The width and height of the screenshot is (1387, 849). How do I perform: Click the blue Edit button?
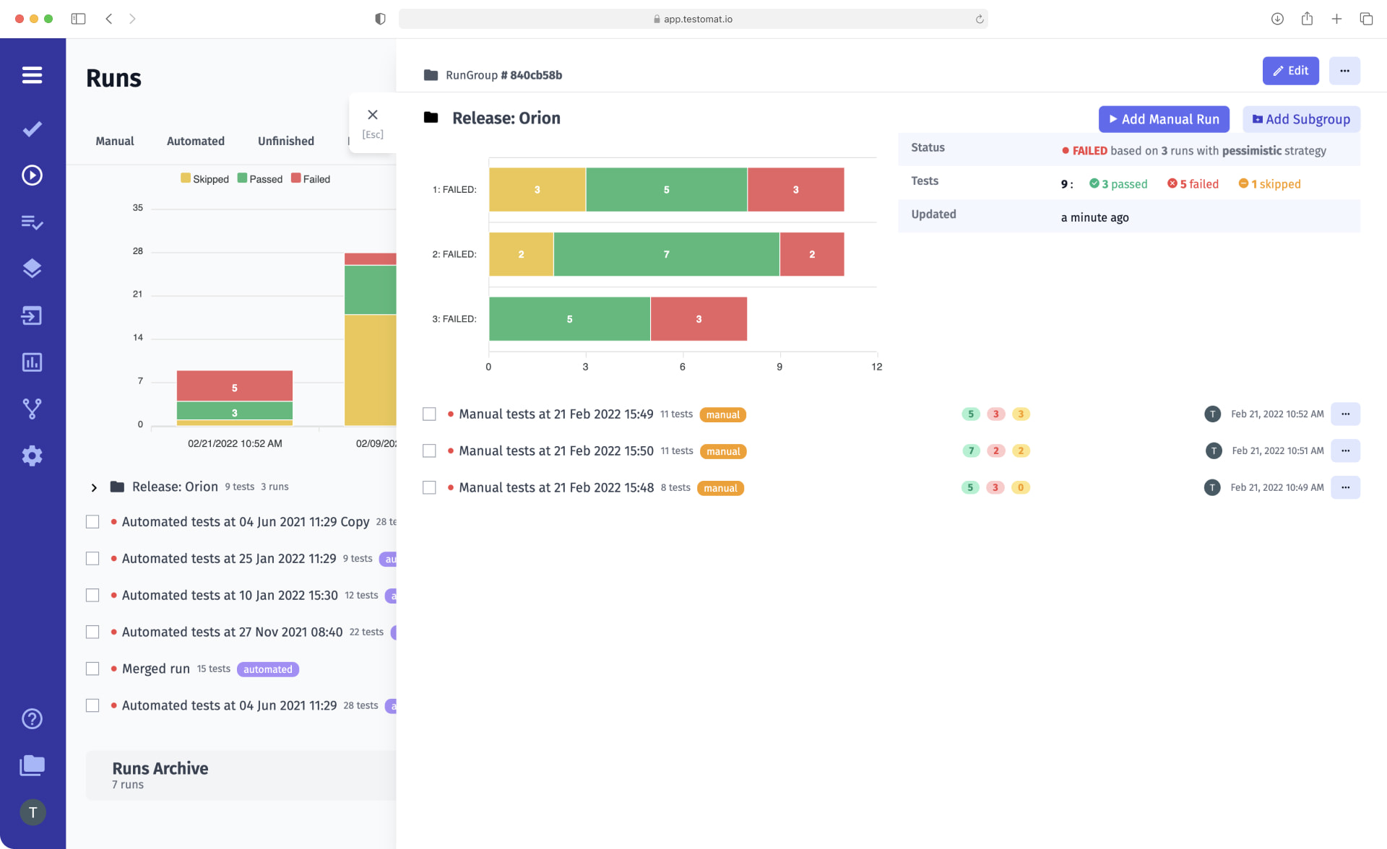(1290, 71)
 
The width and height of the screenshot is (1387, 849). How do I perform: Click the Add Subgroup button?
(1301, 119)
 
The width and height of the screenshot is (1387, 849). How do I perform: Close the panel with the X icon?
(373, 115)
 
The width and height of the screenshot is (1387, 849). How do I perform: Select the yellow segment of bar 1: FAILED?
(537, 190)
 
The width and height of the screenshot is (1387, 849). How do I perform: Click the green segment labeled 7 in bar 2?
(666, 254)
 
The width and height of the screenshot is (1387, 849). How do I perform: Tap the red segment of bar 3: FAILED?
(698, 319)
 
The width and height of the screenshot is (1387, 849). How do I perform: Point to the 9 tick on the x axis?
(779, 367)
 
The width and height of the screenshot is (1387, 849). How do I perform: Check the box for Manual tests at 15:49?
(429, 414)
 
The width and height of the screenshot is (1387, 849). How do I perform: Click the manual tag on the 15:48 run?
(720, 489)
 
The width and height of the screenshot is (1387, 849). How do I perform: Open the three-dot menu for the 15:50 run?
(1345, 450)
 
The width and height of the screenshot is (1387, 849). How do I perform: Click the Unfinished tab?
(285, 141)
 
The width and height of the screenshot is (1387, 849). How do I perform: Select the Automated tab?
(195, 141)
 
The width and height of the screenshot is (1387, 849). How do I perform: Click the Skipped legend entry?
(204, 179)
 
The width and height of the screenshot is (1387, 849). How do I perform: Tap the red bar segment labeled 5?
(234, 387)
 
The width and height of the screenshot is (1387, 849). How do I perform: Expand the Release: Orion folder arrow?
(94, 487)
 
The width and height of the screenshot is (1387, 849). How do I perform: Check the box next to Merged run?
(92, 669)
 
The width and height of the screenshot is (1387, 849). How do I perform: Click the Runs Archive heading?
(160, 768)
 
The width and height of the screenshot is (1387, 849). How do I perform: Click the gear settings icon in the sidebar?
(32, 456)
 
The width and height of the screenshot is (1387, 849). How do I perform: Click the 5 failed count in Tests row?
(1193, 184)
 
